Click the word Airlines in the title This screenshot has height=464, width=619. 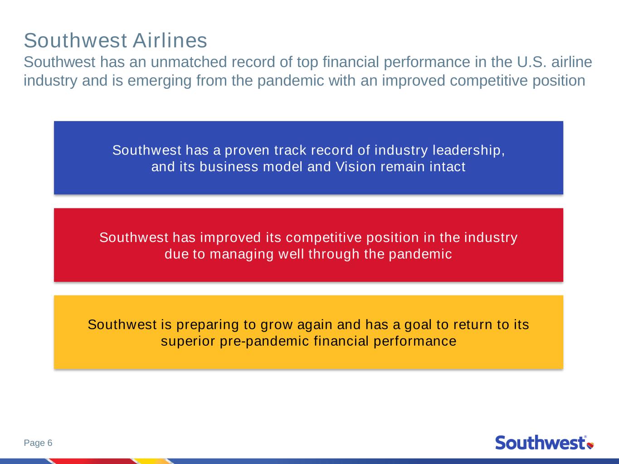pos(170,41)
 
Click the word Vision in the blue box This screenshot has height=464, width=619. pos(356,166)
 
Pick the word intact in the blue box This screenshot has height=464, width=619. pos(448,166)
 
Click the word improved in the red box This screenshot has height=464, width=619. pos(230,237)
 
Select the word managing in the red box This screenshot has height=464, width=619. pos(241,254)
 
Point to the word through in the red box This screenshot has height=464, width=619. pos(334,254)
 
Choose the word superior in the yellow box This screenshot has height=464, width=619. pos(188,341)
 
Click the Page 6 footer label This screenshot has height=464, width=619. pos(38,443)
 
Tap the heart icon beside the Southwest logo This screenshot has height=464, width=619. pos(590,445)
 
